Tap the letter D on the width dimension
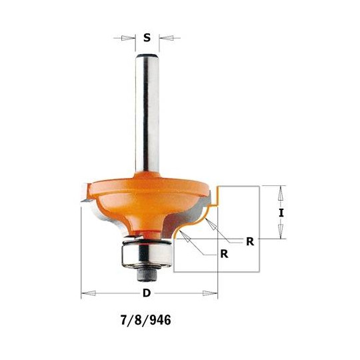pyautogui.click(x=147, y=294)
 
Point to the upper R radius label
pyautogui.click(x=249, y=242)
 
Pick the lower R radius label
pyautogui.click(x=224, y=254)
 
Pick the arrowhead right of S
pyautogui.click(x=162, y=38)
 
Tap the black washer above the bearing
pyautogui.click(x=145, y=240)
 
